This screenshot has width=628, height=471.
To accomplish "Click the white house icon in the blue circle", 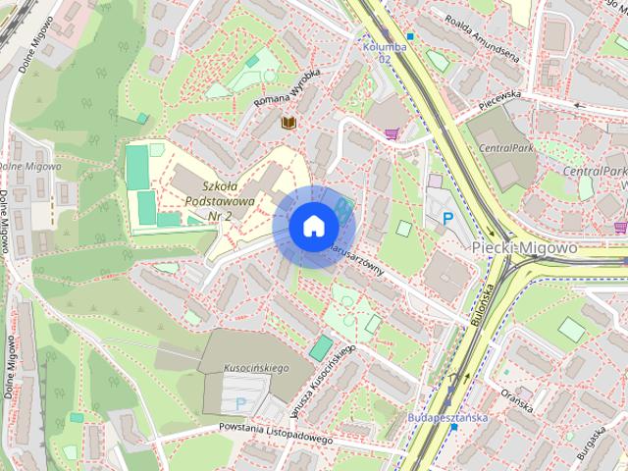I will coord(312,226).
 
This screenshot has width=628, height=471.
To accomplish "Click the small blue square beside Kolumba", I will coord(410,37).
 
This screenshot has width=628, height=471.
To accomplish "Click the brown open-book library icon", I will coord(288,123).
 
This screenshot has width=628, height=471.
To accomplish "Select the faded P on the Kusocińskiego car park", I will coord(240,402).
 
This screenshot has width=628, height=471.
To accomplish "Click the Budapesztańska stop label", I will coord(447,417).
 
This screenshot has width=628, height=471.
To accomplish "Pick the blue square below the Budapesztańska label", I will coord(453,428).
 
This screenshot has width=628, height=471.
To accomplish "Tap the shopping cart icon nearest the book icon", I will coord(392,133).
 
